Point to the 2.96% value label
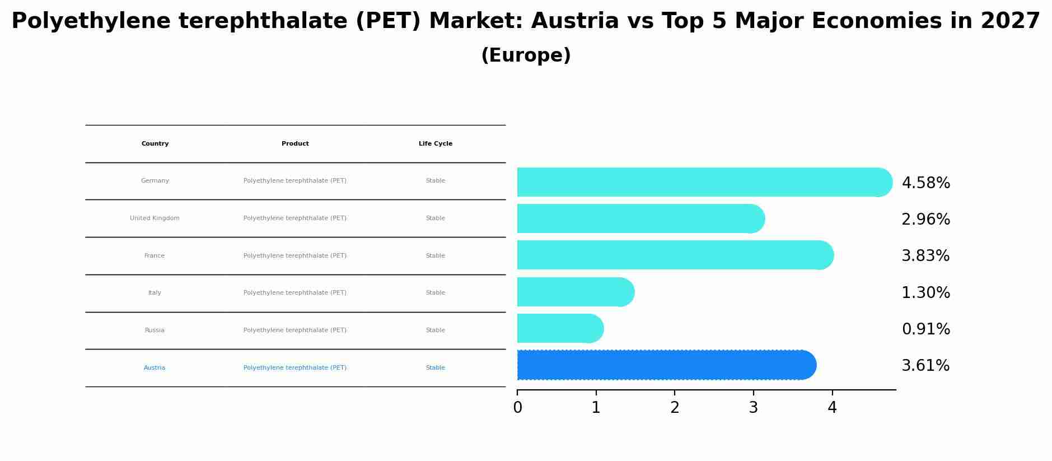click(x=925, y=220)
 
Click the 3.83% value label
click(x=925, y=256)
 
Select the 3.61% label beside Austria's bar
click(x=925, y=366)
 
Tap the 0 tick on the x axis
click(x=517, y=408)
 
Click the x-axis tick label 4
click(x=832, y=408)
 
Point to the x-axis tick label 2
click(x=675, y=408)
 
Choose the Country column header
click(x=155, y=144)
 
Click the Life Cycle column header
click(x=436, y=144)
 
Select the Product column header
click(x=295, y=144)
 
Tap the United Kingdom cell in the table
click(x=155, y=218)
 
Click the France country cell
click(x=155, y=256)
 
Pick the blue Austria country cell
click(x=155, y=368)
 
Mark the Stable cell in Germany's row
click(x=436, y=181)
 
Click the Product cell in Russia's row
click(x=295, y=330)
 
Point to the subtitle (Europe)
click(x=526, y=55)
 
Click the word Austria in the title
click(x=575, y=21)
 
